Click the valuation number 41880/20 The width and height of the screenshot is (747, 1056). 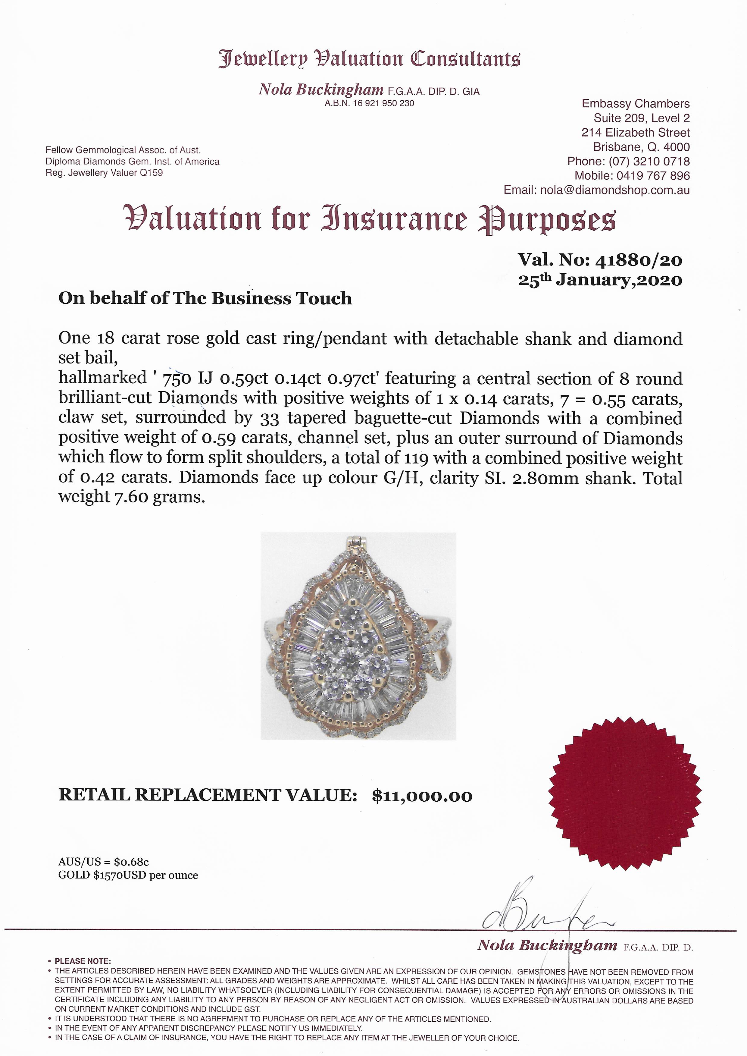(x=639, y=260)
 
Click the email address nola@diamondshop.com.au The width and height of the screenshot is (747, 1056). (x=614, y=190)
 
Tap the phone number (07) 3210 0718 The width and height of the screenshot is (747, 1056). (x=649, y=162)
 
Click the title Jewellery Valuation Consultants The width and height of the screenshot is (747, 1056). (x=369, y=59)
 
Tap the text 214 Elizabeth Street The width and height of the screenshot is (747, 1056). (x=635, y=133)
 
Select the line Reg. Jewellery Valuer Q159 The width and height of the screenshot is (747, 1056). (x=104, y=173)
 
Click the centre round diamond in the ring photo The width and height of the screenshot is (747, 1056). (x=352, y=665)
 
